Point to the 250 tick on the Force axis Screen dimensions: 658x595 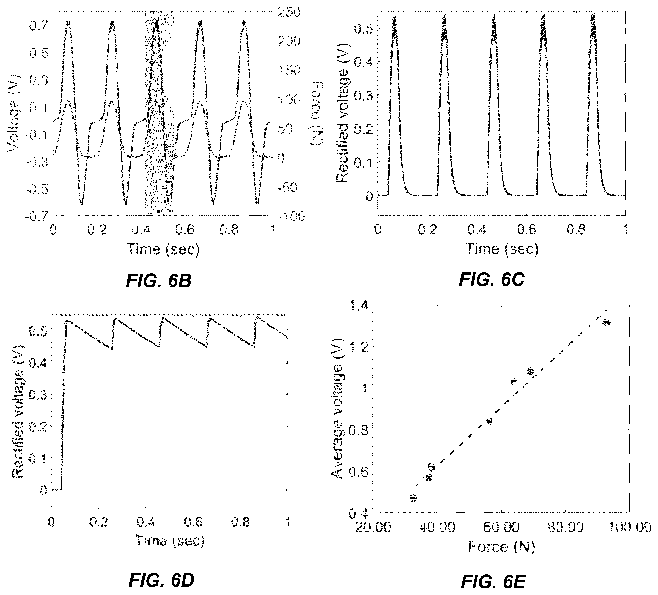pos(288,13)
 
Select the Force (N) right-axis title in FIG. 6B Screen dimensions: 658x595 pos(316,113)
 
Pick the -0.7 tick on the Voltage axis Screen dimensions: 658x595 pos(36,217)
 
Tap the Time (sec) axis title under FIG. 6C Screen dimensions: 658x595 pos(501,249)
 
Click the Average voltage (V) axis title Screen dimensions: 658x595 pos(337,422)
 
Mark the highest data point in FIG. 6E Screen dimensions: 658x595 pos(606,323)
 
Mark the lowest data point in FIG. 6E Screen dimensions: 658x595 pos(413,498)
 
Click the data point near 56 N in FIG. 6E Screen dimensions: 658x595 pos(489,422)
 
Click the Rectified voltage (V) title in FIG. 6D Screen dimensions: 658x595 pos(18,412)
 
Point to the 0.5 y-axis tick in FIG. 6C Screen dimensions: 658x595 pos(362,28)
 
